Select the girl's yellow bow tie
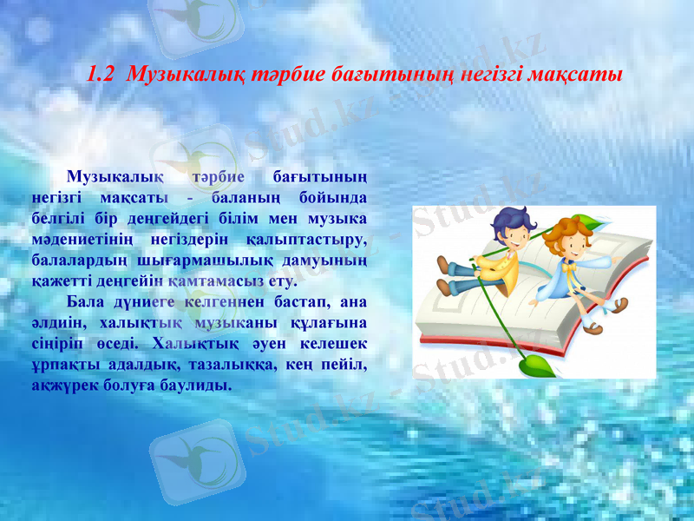[x=570, y=266]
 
